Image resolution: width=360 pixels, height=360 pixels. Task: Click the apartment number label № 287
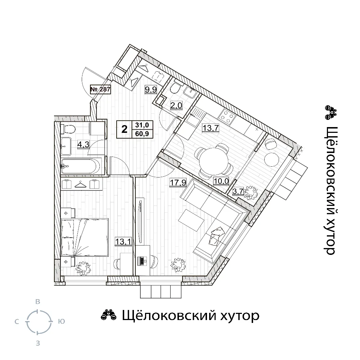tap(100, 89)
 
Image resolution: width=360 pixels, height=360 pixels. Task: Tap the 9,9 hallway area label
tap(150, 89)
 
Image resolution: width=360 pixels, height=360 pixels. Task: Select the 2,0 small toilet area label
tap(176, 105)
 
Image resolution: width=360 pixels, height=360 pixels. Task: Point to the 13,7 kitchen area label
tap(210, 128)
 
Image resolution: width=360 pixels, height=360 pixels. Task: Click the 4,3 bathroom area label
tap(83, 145)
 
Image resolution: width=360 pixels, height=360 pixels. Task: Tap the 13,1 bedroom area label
tap(123, 242)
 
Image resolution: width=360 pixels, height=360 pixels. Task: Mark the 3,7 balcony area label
tap(238, 191)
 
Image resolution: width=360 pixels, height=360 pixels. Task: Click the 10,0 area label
tap(221, 181)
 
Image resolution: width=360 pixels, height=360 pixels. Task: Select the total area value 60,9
tap(142, 134)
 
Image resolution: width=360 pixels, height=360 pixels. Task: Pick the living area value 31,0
tap(142, 125)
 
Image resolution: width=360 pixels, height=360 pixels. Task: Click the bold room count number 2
tap(124, 129)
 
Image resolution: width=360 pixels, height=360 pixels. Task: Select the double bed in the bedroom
tap(85, 237)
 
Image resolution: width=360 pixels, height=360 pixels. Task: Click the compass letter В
tap(38, 302)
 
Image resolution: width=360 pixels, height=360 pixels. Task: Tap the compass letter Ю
tap(62, 321)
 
